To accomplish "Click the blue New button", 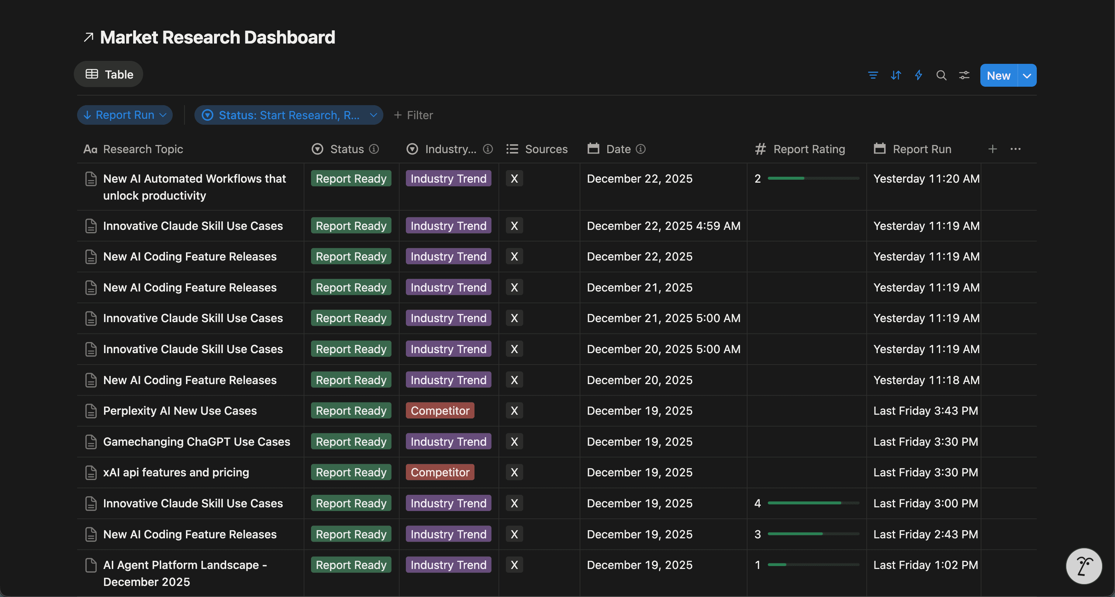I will [x=998, y=76].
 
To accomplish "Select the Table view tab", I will [x=109, y=75].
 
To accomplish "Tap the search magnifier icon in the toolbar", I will [x=941, y=76].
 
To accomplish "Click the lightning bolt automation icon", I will [x=918, y=75].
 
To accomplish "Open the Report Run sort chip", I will [x=125, y=115].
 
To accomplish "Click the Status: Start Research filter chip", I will [x=288, y=115].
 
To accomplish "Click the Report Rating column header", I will [x=808, y=149].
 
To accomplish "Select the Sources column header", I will [x=545, y=149].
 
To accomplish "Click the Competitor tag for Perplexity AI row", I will [x=440, y=411].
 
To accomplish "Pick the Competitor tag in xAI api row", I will [x=440, y=472].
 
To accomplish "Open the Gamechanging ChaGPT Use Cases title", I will [x=197, y=442].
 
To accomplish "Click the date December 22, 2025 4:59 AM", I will [x=663, y=226].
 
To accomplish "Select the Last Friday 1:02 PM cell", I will [x=925, y=565].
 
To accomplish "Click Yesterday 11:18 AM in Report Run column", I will [x=926, y=380].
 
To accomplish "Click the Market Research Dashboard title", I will [x=217, y=38].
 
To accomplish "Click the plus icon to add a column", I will [x=993, y=149].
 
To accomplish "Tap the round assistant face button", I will [x=1083, y=566].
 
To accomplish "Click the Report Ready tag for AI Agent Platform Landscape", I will [x=351, y=565].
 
